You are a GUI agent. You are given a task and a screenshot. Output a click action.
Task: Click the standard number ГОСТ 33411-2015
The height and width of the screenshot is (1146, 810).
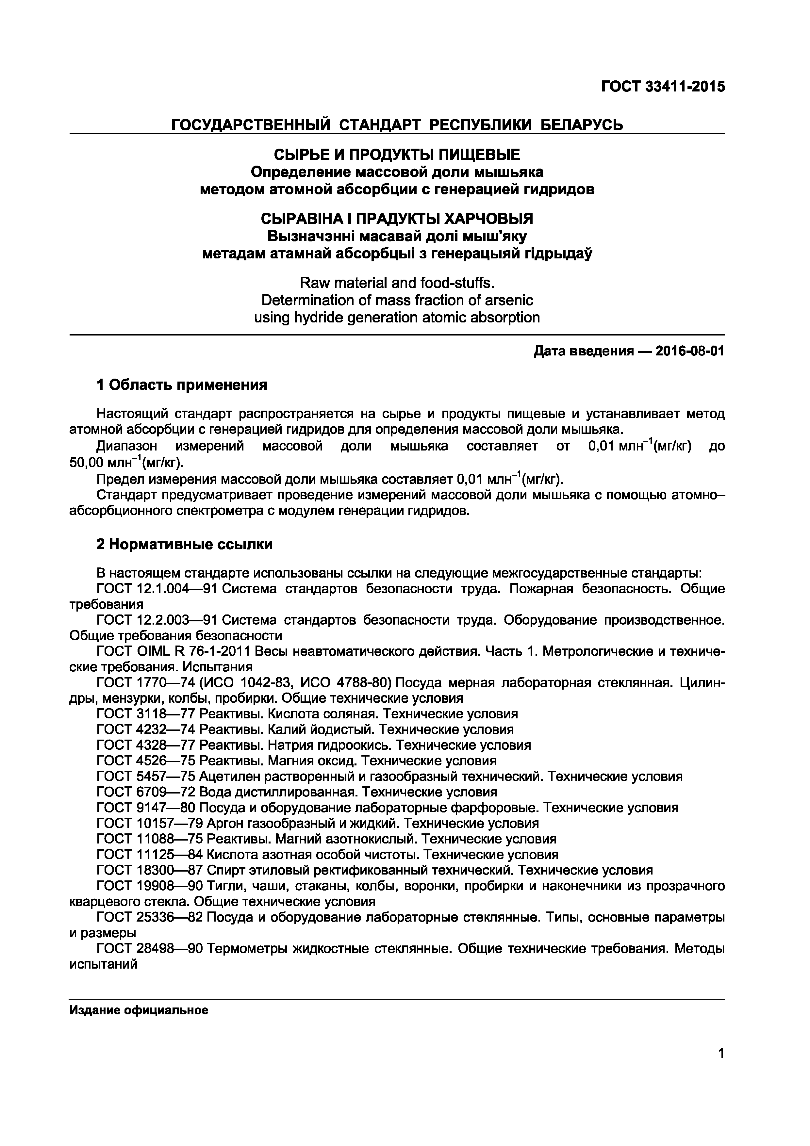[x=662, y=87]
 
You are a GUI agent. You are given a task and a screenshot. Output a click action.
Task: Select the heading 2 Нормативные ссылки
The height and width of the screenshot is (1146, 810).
[x=184, y=544]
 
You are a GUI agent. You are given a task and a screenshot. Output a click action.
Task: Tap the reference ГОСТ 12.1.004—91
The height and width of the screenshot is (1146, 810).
[x=156, y=589]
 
